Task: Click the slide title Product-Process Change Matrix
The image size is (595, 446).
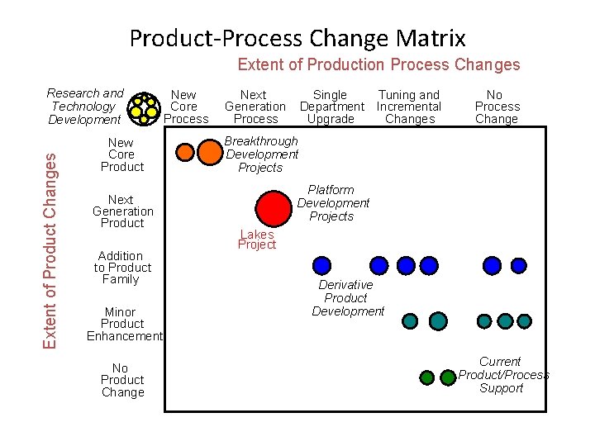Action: (297, 38)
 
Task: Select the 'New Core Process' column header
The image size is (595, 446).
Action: (185, 107)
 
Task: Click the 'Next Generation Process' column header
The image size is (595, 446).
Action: (255, 107)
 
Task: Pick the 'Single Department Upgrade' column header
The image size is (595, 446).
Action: (331, 107)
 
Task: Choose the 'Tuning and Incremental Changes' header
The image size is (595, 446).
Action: (409, 107)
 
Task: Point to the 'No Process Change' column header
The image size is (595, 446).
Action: (497, 107)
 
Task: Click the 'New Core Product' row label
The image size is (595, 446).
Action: (121, 154)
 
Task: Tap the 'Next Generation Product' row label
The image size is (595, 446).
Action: (122, 211)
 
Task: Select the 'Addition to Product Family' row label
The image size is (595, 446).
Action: (122, 268)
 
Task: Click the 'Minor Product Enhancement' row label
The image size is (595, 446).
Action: (124, 324)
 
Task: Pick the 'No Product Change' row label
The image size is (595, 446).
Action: (122, 380)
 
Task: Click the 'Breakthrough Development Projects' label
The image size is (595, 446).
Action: (261, 154)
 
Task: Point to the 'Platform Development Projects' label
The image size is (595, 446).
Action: (332, 203)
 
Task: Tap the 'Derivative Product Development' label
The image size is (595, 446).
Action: (347, 297)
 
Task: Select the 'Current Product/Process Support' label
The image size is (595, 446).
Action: (502, 375)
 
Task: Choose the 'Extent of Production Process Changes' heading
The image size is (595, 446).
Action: (378, 64)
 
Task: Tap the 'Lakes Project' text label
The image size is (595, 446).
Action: (257, 240)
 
